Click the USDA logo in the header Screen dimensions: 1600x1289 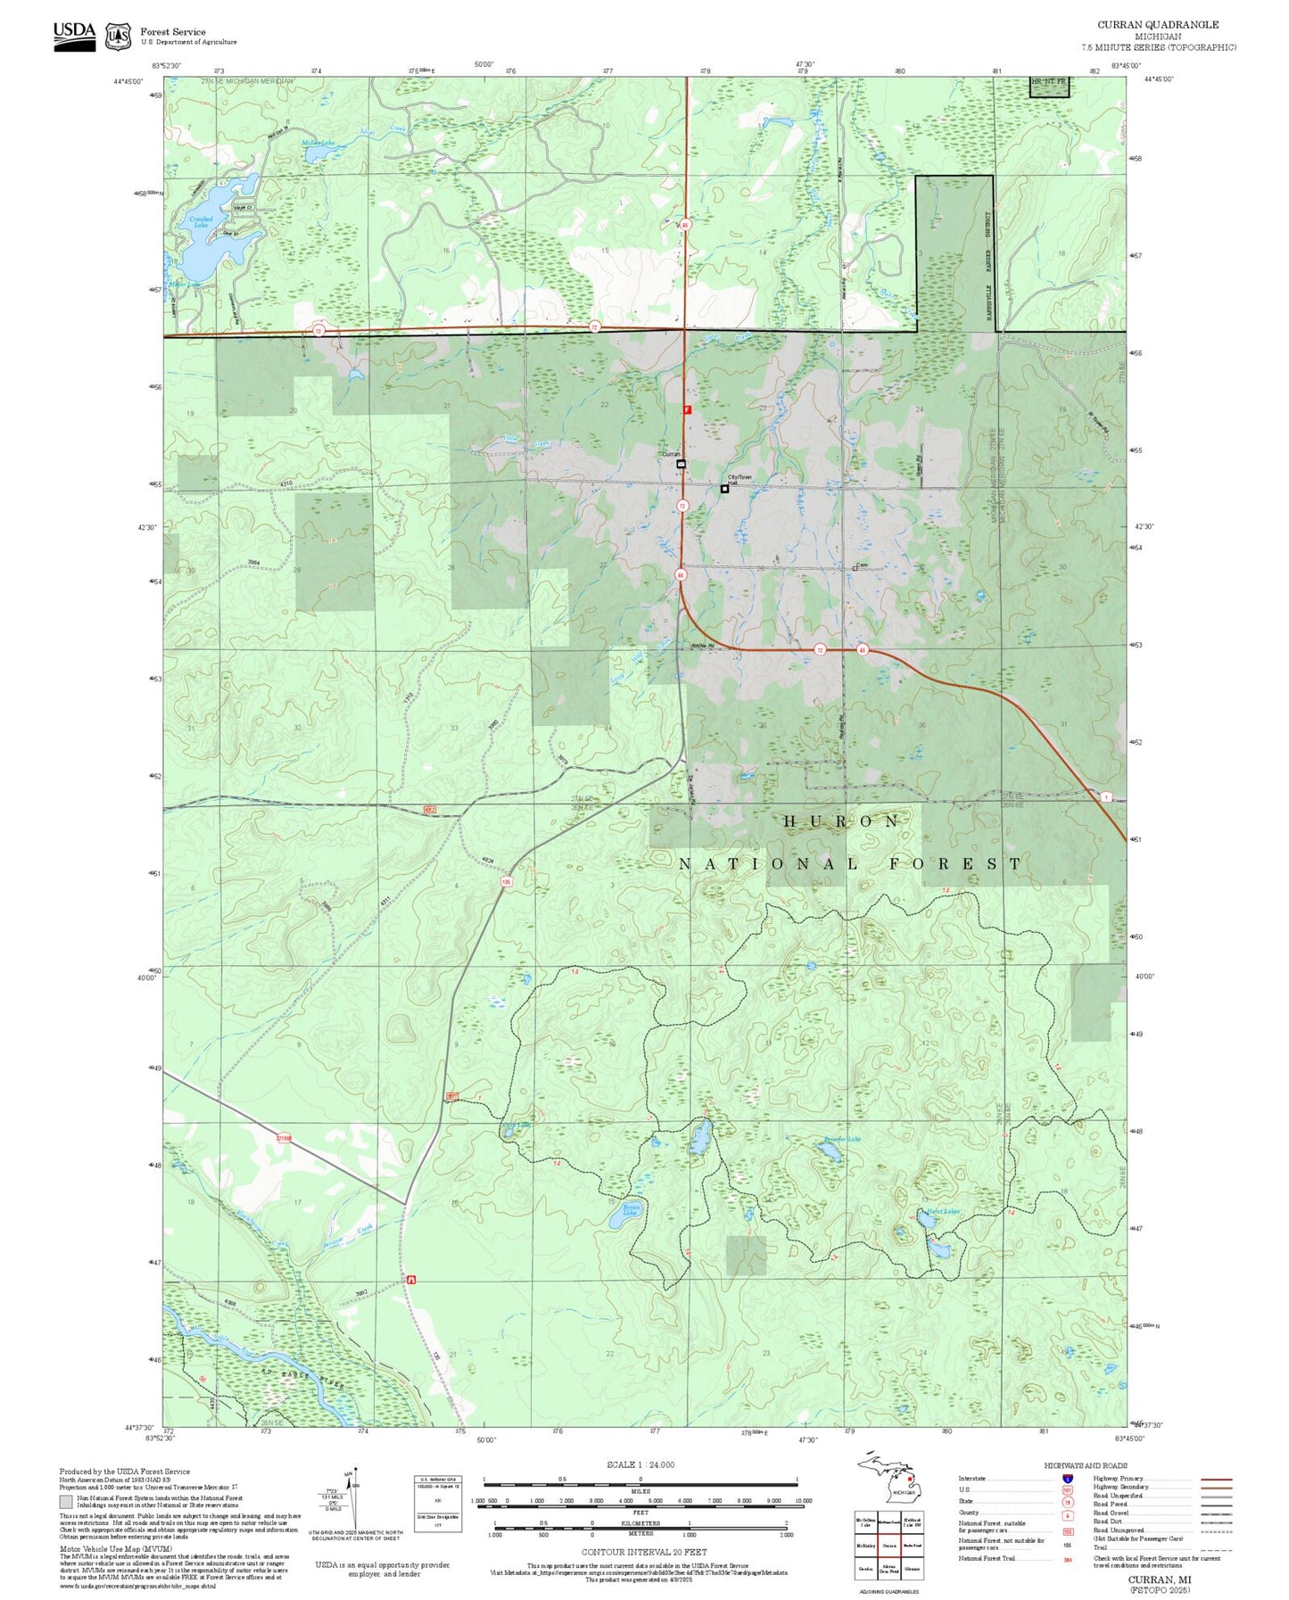pos(74,36)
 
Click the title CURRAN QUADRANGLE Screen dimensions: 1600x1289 pos(1157,24)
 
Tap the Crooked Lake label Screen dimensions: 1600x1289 pos(201,221)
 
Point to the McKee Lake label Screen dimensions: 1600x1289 pos(318,143)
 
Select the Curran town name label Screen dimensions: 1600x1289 pos(670,455)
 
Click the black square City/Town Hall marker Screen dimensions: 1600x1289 pos(724,489)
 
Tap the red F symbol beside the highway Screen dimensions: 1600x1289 pos(687,409)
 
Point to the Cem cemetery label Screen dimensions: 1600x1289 pos(862,565)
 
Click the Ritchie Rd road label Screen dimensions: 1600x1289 pos(703,646)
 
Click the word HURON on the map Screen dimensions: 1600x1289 pos(841,821)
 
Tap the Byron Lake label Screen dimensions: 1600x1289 pos(631,1210)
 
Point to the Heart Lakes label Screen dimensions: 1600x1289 pos(943,1211)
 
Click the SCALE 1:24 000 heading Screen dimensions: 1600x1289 pos(640,1464)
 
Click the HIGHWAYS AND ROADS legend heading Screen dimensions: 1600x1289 pos(1086,1465)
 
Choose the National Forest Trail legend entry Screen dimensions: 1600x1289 pos(987,1558)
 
